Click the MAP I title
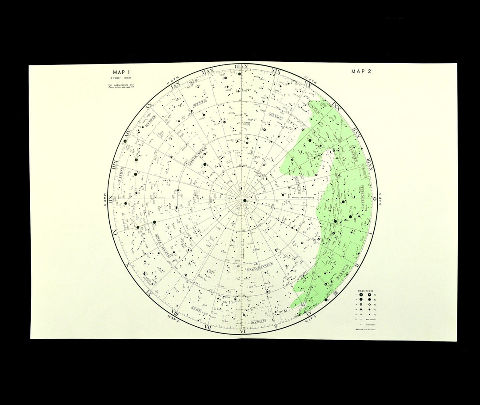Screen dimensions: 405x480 (x=120, y=72)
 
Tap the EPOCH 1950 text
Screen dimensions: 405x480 (x=120, y=78)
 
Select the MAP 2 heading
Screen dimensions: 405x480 (x=361, y=71)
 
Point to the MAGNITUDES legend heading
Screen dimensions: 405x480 (x=365, y=290)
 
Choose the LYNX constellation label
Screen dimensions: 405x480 (x=196, y=308)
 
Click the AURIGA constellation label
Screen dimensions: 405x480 (x=259, y=321)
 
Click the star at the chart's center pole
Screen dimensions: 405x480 (x=244, y=201)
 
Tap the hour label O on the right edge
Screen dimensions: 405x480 (x=374, y=199)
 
